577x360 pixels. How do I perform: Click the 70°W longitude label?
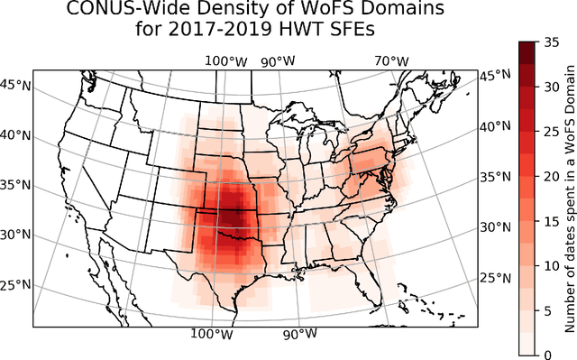[392, 61]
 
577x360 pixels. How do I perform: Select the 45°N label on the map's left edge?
[16, 86]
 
